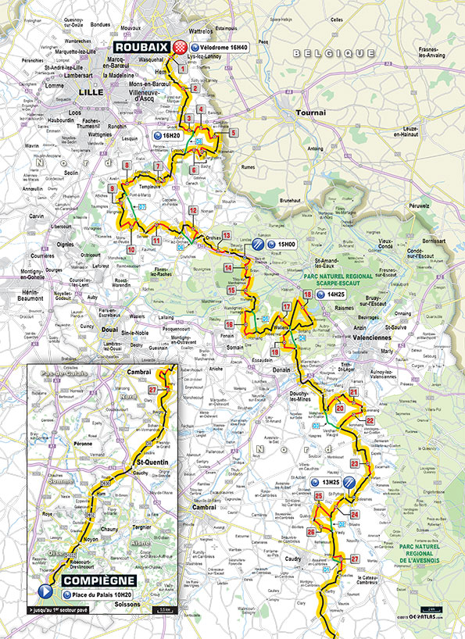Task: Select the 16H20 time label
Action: (172, 134)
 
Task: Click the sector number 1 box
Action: (183, 69)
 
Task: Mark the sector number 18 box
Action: (307, 294)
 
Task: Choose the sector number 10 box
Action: (131, 249)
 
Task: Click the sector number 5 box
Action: (233, 133)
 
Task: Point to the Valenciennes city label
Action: (372, 340)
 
